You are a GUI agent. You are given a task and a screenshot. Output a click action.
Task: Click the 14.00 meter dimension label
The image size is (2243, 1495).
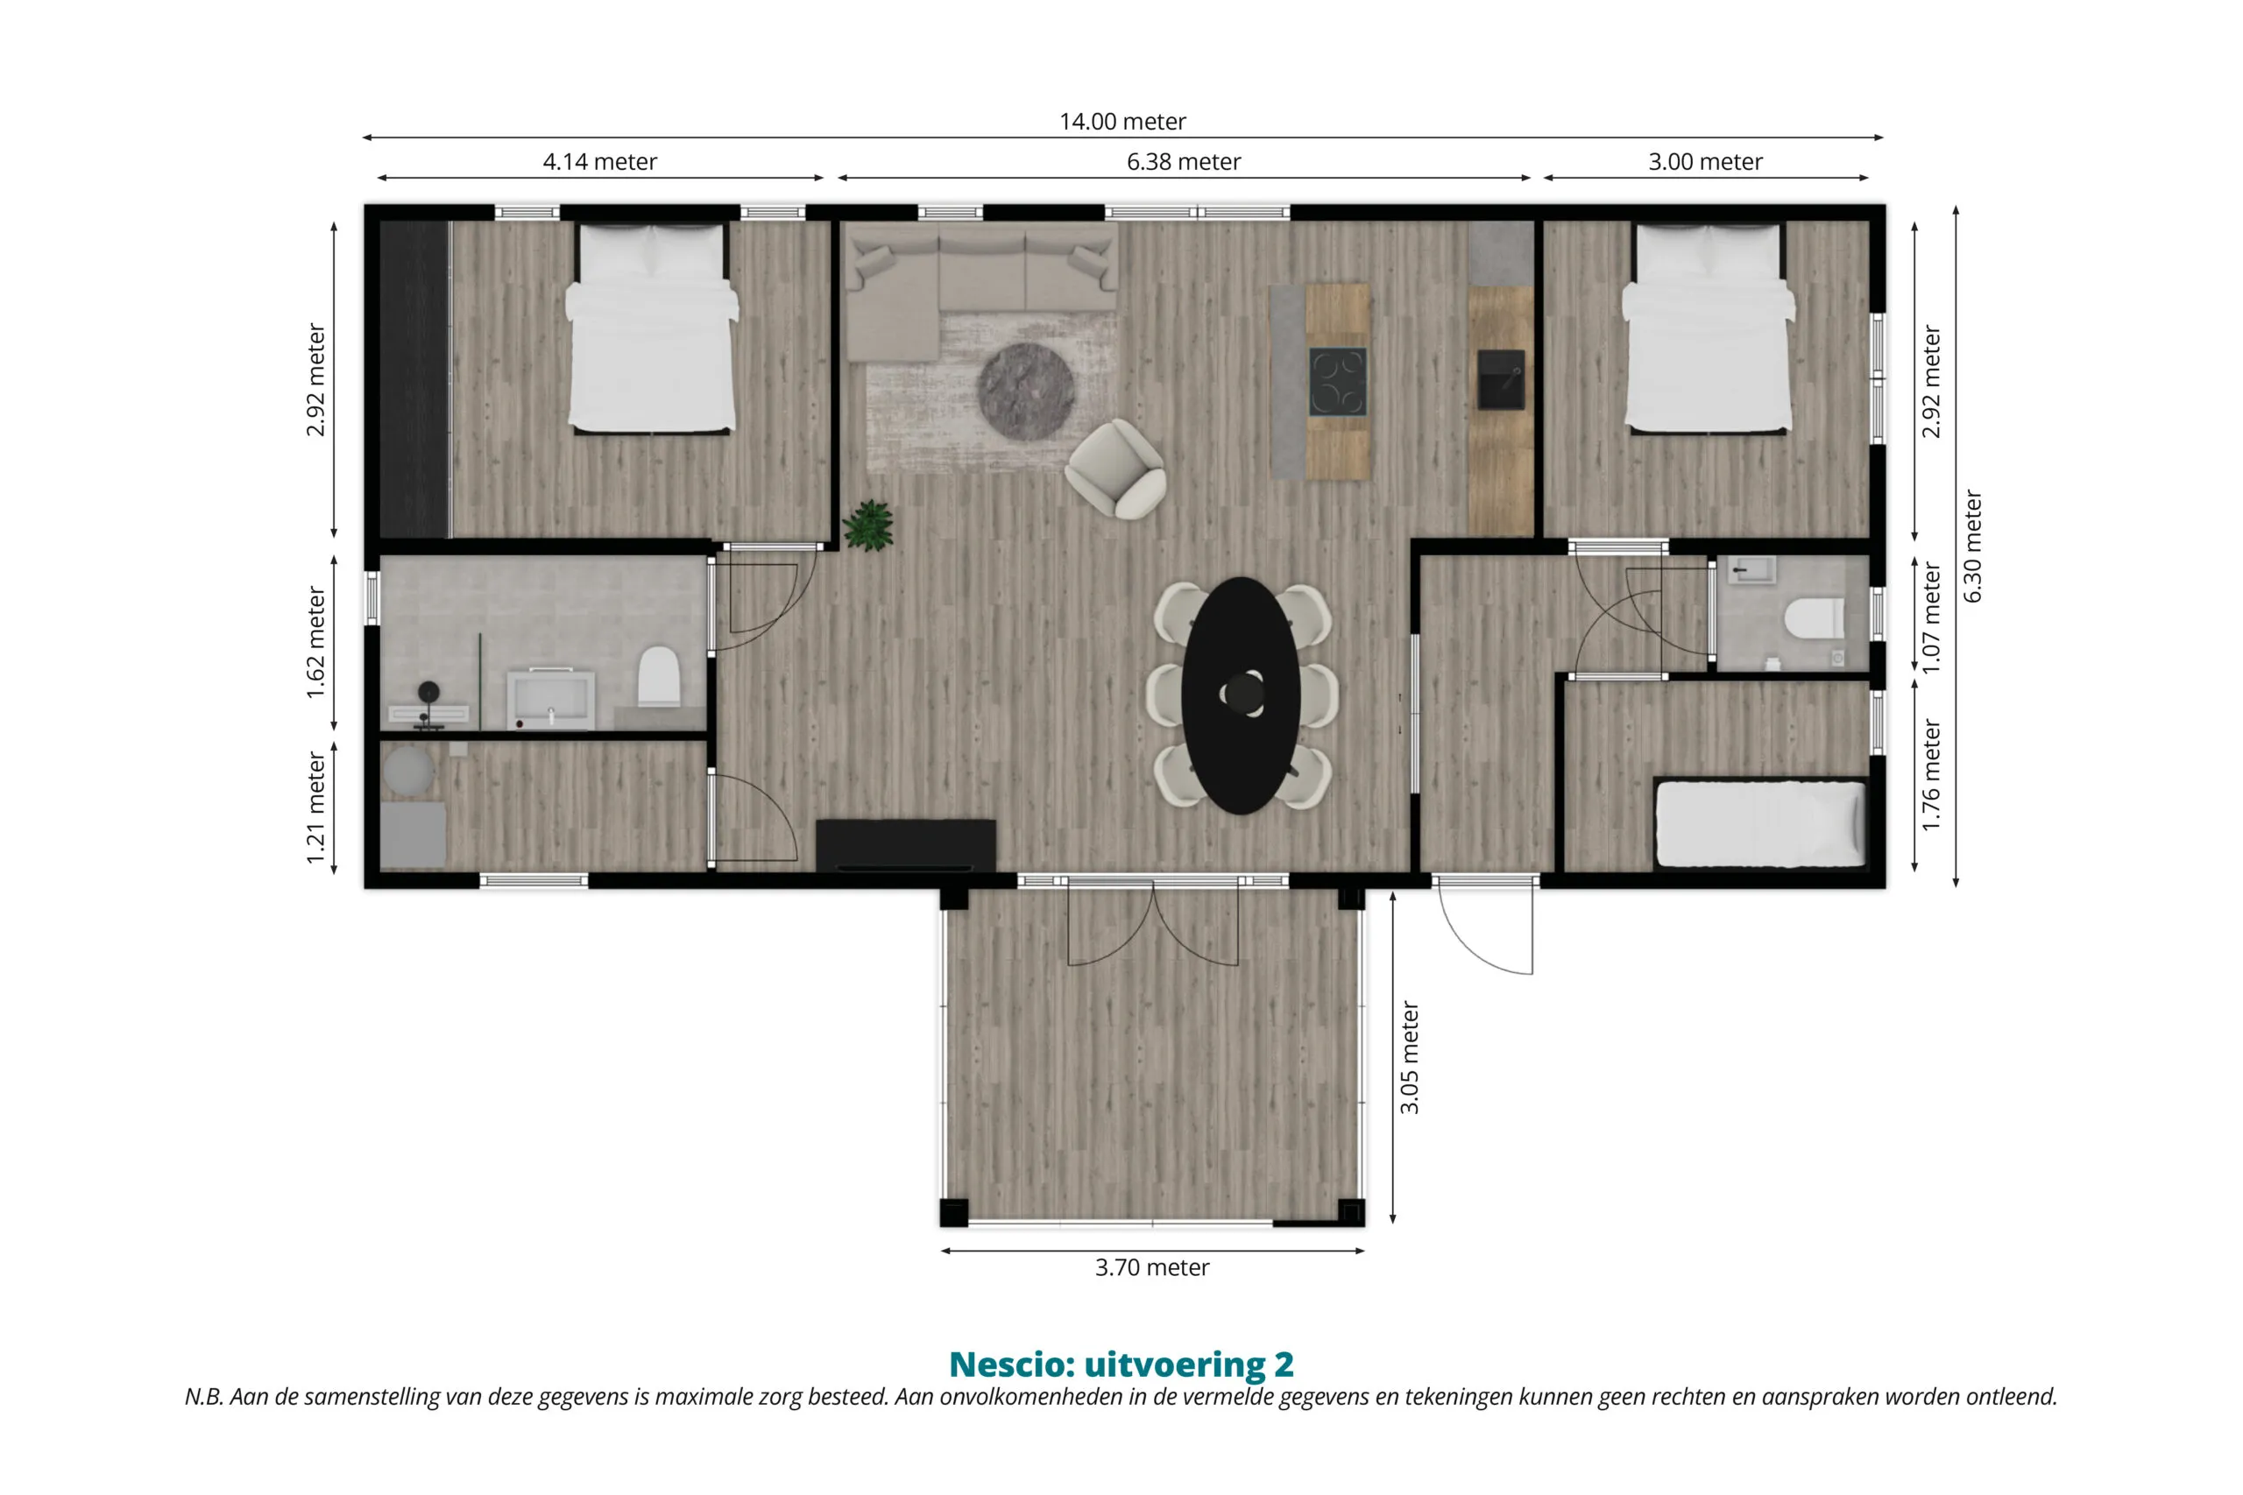click(1122, 122)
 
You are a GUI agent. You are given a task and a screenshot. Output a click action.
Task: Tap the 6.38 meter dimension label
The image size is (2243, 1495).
click(1184, 162)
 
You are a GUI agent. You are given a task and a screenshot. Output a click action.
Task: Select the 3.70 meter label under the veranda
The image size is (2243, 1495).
click(1152, 1268)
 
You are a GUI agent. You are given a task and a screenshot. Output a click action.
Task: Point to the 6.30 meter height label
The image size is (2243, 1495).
click(1973, 547)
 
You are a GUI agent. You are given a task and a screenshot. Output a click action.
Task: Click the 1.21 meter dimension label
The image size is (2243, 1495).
click(315, 808)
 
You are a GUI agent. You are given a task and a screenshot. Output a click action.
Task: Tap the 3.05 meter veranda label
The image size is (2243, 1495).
click(1410, 1058)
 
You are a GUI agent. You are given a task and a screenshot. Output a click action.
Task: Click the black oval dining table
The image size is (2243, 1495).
click(1241, 695)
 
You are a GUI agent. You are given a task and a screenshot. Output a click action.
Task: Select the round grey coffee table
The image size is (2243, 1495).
click(1026, 391)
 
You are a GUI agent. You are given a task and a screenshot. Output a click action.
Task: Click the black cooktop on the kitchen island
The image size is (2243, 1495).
click(1337, 381)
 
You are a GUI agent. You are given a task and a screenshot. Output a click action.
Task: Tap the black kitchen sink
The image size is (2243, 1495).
click(1501, 379)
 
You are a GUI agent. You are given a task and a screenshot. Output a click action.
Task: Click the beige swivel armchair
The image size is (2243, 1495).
click(1115, 470)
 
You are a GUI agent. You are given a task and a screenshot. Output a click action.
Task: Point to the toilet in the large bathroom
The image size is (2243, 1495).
click(658, 676)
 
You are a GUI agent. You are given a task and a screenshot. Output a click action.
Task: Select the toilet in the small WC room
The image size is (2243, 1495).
click(1814, 617)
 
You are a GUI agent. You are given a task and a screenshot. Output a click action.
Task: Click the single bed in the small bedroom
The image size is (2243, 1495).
click(1760, 825)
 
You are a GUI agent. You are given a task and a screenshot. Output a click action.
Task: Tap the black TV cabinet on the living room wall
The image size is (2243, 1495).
click(905, 846)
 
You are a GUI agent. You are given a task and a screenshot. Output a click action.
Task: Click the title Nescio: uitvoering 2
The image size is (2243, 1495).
click(1121, 1365)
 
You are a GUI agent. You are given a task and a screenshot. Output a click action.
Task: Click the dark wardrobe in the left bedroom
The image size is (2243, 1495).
click(414, 379)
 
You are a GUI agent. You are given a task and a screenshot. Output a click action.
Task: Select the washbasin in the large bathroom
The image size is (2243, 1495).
click(550, 699)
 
